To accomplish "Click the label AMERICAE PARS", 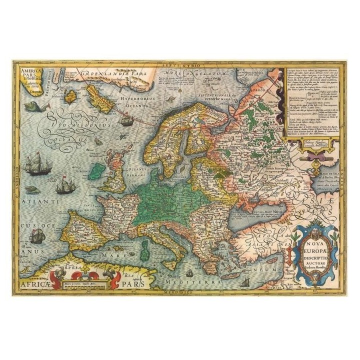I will tap(31, 74).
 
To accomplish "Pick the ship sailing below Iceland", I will tap(127, 119).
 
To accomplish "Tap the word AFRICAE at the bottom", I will tap(35, 283).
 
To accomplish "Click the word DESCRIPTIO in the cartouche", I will tap(314, 260).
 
